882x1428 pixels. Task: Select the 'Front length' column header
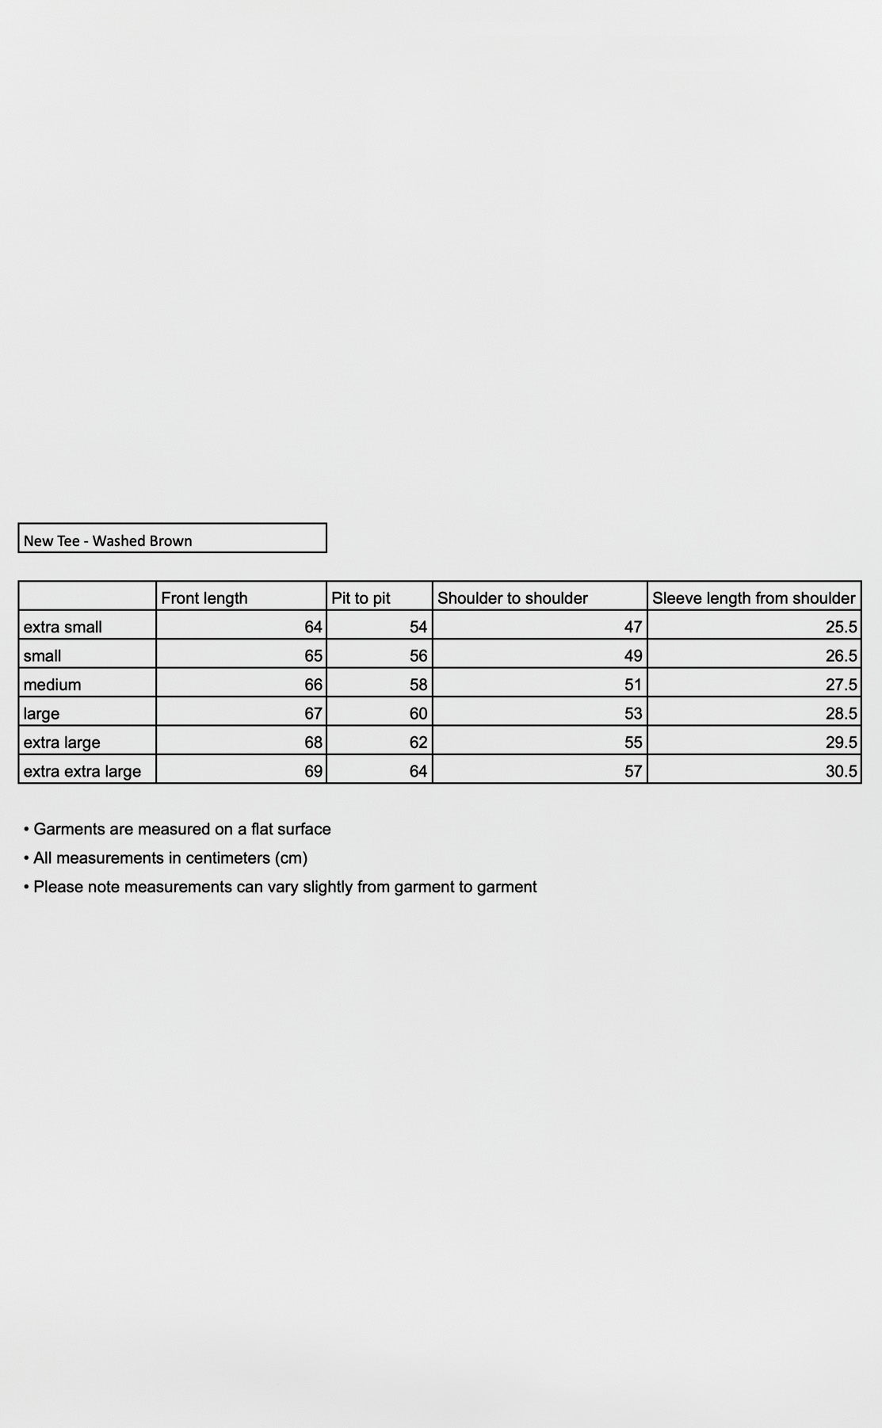pyautogui.click(x=204, y=598)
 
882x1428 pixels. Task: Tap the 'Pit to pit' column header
pyautogui.click(x=361, y=598)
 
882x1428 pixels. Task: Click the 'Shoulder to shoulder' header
pyautogui.click(x=513, y=598)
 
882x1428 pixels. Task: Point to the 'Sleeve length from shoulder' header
pyautogui.click(x=754, y=598)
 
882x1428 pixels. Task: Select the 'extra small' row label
pyautogui.click(x=63, y=627)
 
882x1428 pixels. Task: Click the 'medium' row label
pyautogui.click(x=52, y=685)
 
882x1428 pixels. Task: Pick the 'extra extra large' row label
pyautogui.click(x=82, y=771)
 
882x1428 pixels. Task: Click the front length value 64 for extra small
pyautogui.click(x=313, y=627)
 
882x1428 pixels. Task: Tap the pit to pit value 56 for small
pyautogui.click(x=418, y=656)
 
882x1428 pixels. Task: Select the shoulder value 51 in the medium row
pyautogui.click(x=632, y=685)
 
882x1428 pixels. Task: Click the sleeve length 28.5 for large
pyautogui.click(x=841, y=713)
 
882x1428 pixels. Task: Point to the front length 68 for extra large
pyautogui.click(x=313, y=743)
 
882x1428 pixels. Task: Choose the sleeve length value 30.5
pyautogui.click(x=841, y=771)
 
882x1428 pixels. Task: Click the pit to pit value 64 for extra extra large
pyautogui.click(x=418, y=771)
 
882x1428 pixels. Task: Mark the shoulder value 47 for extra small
pyautogui.click(x=632, y=627)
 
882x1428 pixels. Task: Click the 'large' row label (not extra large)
pyautogui.click(x=41, y=713)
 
